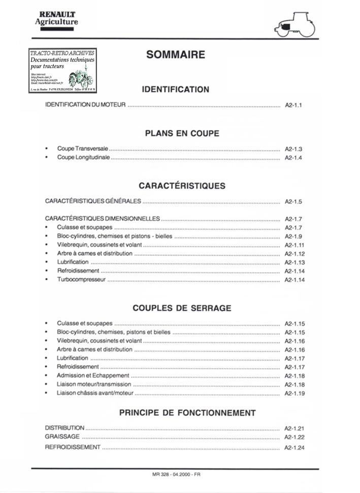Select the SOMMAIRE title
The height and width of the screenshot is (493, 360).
pyautogui.click(x=175, y=55)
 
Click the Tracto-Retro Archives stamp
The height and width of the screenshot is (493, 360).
pyautogui.click(x=62, y=71)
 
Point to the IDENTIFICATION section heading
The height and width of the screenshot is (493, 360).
pyautogui.click(x=175, y=89)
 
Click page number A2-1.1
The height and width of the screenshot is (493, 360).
pyautogui.click(x=294, y=106)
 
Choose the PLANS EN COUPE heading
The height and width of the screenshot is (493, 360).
pyautogui.click(x=182, y=134)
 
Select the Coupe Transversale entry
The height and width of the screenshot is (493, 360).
pyautogui.click(x=83, y=149)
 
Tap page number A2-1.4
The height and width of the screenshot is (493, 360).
pyautogui.click(x=293, y=158)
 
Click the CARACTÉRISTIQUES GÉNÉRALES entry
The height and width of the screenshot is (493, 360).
pyautogui.click(x=93, y=201)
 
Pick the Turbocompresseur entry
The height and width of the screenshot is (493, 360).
pyautogui.click(x=81, y=279)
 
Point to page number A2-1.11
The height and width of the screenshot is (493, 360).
pyautogui.click(x=294, y=245)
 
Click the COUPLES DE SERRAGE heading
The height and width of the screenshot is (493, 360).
pyautogui.click(x=182, y=308)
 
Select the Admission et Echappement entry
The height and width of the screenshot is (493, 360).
pyautogui.click(x=93, y=375)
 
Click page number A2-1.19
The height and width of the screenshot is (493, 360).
pyautogui.click(x=294, y=393)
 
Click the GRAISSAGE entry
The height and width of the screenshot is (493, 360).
pyautogui.click(x=62, y=436)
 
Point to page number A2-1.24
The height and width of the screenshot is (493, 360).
pyautogui.click(x=294, y=448)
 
